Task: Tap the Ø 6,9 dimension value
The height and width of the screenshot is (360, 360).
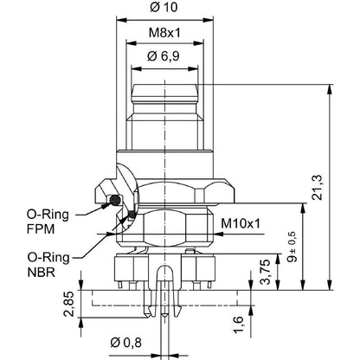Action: tap(164, 56)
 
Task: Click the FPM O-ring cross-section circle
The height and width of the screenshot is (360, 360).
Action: tap(116, 201)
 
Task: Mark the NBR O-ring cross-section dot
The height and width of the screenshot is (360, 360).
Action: tap(132, 215)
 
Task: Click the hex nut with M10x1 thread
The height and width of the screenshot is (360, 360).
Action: tap(169, 227)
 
